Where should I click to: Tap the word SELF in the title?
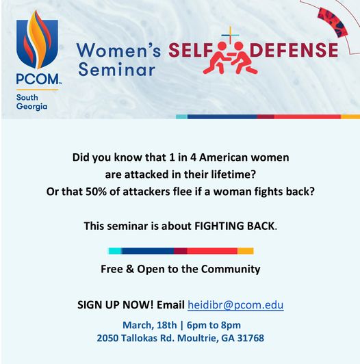click(191, 50)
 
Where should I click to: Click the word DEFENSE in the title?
click(294, 50)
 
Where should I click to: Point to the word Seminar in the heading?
click(117, 69)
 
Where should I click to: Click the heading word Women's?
click(118, 50)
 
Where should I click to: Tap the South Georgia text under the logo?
click(31, 102)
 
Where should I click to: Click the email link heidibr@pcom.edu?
click(235, 304)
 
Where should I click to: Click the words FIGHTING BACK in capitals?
click(235, 226)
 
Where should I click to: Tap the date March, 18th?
click(150, 325)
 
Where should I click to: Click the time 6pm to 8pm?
click(214, 325)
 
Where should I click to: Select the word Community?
click(231, 270)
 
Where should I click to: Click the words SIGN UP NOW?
click(116, 304)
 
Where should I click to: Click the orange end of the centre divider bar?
click(246, 251)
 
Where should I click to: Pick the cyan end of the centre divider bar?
click(115, 251)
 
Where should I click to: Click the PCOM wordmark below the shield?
click(38, 79)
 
